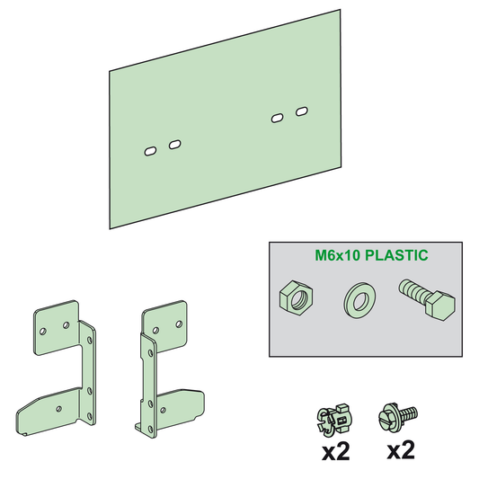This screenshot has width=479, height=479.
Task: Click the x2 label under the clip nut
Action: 335,450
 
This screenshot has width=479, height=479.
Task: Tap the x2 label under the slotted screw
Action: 400,449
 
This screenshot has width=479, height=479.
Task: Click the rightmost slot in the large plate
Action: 301,112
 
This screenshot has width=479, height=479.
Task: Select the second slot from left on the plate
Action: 173,144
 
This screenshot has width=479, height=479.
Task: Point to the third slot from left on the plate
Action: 278,118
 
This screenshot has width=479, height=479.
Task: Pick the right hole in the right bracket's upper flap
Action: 180,320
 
